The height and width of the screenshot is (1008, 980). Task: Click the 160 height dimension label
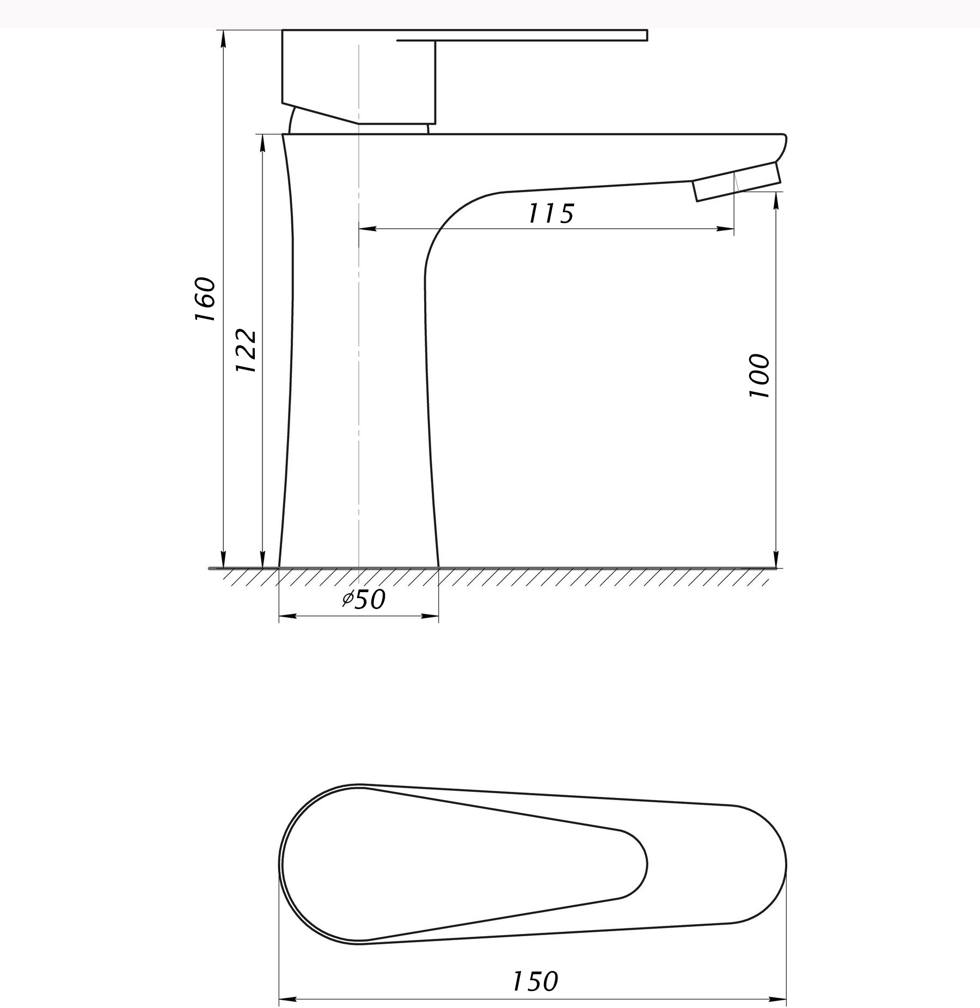tap(205, 300)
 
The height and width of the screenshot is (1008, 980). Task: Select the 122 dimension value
tap(246, 351)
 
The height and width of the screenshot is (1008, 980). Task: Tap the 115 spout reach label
tap(551, 213)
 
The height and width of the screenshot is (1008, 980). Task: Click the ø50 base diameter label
tap(364, 600)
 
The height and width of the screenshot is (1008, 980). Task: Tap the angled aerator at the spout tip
tap(737, 182)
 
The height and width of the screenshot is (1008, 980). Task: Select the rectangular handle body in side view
tap(359, 76)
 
